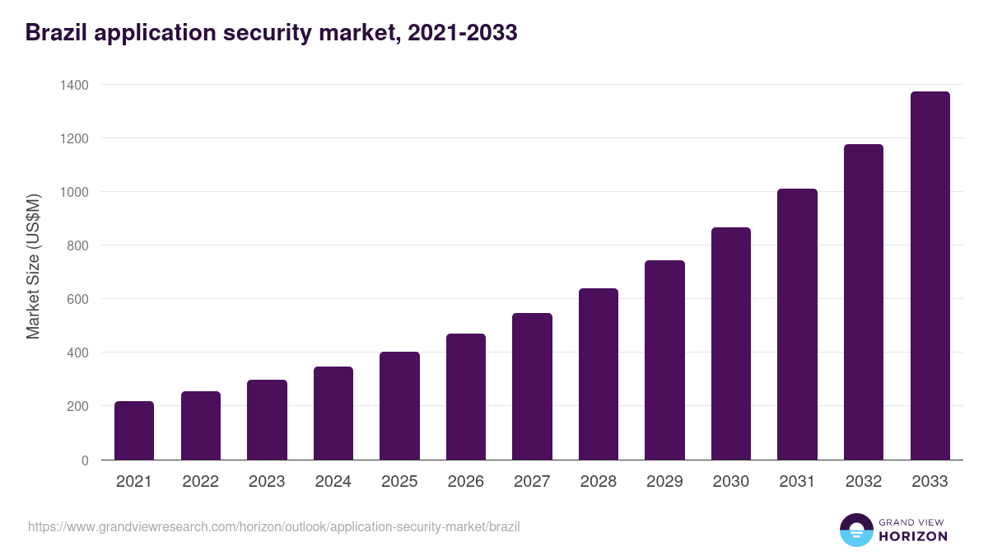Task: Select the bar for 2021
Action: [x=134, y=430]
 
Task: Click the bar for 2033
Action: [x=930, y=276]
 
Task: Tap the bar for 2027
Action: [x=532, y=386]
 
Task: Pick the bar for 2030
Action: [x=731, y=343]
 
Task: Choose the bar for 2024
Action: [x=333, y=413]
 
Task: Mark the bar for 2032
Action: [x=864, y=301]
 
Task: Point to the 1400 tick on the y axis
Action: [x=75, y=85]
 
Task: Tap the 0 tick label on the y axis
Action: [x=85, y=460]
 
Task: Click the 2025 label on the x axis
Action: [x=399, y=482]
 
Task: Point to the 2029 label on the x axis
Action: [x=664, y=482]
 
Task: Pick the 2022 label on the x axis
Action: [x=200, y=482]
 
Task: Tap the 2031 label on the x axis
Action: [x=797, y=482]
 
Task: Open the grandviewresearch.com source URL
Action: [x=273, y=526]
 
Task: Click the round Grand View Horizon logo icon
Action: [x=855, y=530]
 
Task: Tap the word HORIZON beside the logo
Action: [x=913, y=536]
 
